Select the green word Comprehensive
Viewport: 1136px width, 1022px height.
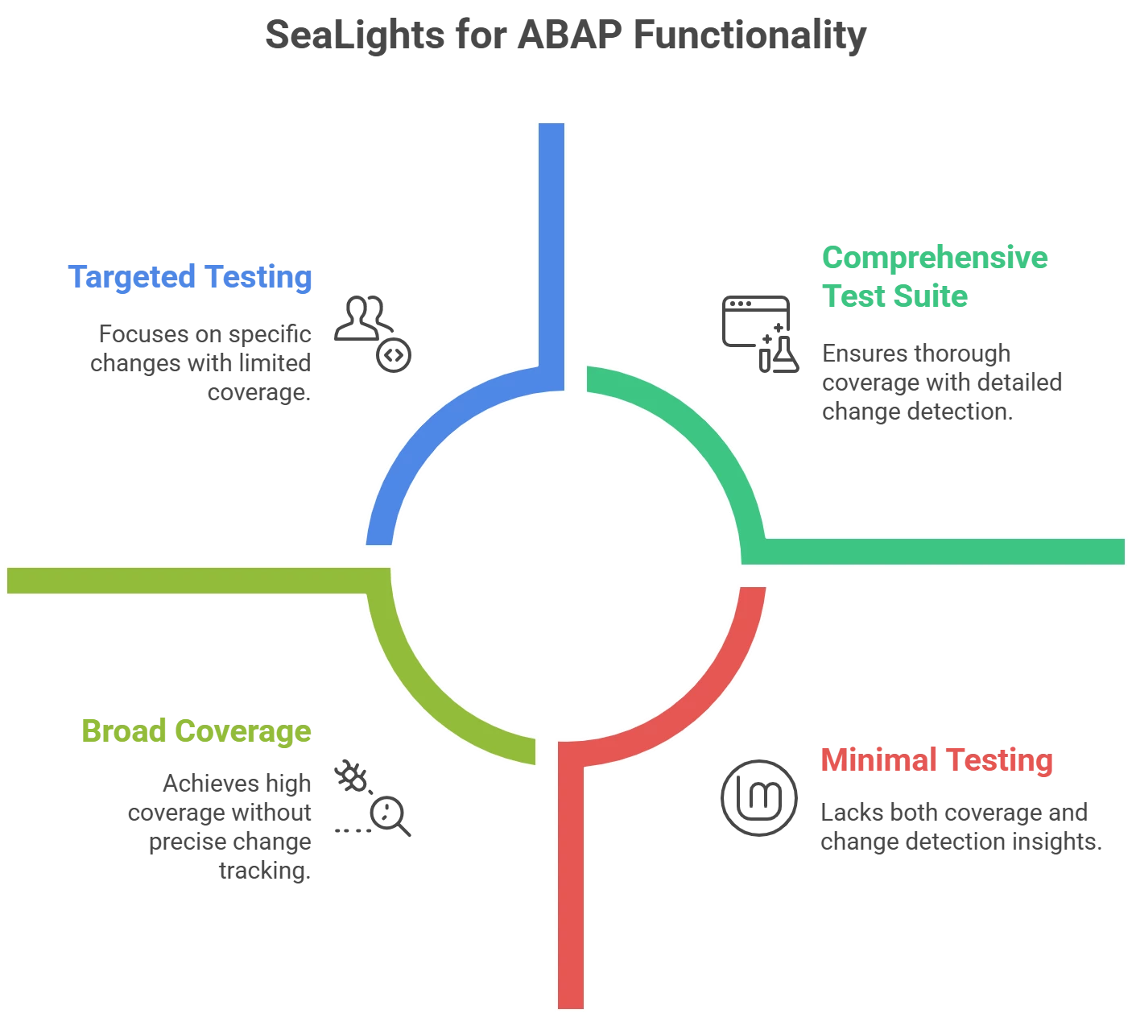point(934,259)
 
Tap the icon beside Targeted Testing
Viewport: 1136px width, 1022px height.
point(373,331)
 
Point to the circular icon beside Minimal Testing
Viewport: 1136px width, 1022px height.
point(757,796)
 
